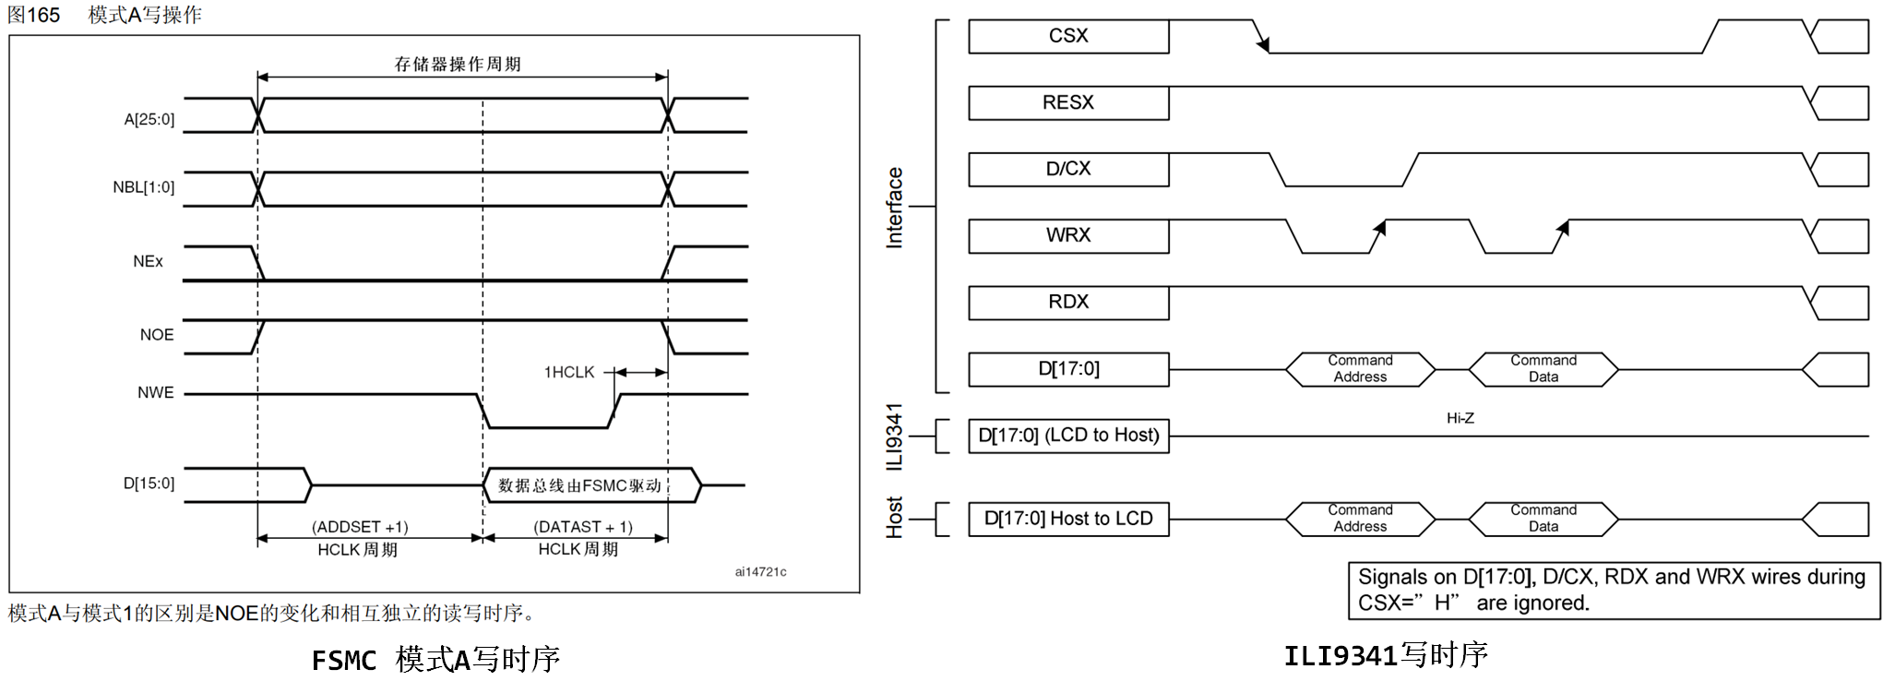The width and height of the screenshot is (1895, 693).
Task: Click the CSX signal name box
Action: click(1067, 36)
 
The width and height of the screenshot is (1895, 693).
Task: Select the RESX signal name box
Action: click(1067, 102)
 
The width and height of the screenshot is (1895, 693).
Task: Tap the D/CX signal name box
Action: click(1067, 169)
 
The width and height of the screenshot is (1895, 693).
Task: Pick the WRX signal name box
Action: click(1067, 235)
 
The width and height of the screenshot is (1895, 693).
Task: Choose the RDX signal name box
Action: click(1067, 302)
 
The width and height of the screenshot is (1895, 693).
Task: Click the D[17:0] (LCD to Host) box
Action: click(1068, 436)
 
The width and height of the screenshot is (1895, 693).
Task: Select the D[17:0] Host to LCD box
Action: click(1068, 519)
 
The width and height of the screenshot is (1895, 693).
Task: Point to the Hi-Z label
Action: click(1460, 418)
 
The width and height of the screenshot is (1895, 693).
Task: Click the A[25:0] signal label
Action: click(149, 119)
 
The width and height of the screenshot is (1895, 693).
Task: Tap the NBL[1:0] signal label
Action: click(143, 187)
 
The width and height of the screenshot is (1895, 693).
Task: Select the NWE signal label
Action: click(155, 392)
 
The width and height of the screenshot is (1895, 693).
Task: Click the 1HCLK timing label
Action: click(569, 372)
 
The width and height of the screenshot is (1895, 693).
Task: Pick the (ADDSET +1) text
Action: click(360, 527)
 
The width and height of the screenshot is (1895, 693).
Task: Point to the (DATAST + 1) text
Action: click(582, 527)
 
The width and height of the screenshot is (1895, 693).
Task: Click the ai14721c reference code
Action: click(760, 572)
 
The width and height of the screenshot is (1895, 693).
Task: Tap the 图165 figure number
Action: click(33, 15)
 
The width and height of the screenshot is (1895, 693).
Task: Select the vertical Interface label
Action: click(894, 208)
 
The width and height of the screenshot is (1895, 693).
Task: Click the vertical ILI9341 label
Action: click(894, 436)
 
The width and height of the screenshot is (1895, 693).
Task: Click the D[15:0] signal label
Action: click(149, 484)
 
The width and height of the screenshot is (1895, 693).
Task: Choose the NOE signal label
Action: click(156, 335)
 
